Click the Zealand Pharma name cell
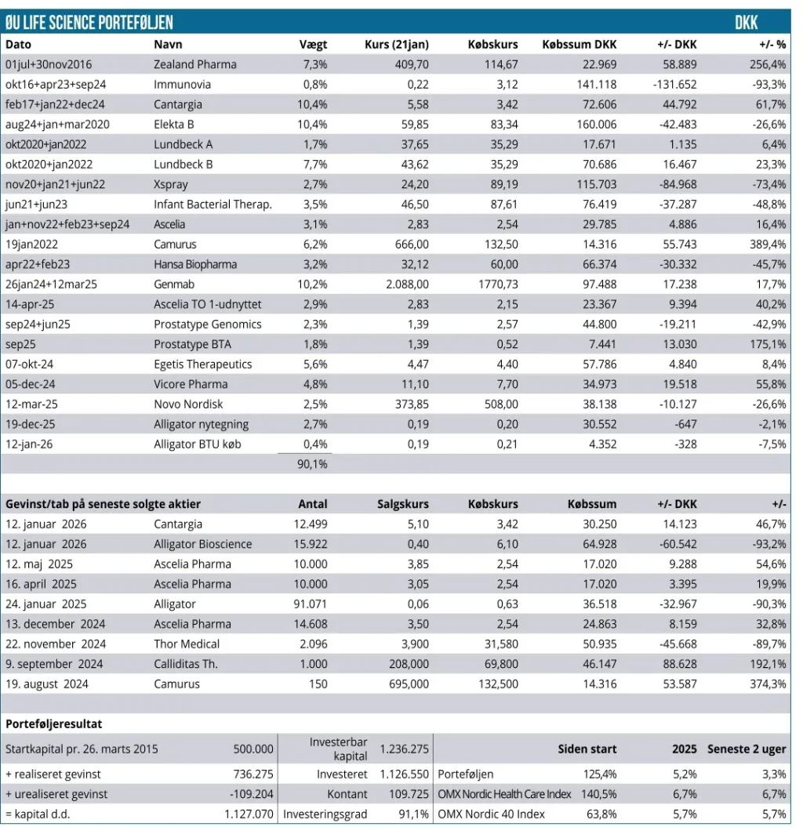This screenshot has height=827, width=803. click(194, 64)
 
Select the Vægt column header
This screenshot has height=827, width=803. click(314, 45)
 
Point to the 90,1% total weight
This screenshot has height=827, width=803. click(311, 464)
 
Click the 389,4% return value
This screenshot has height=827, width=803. click(768, 245)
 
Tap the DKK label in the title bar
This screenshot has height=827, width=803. click(746, 23)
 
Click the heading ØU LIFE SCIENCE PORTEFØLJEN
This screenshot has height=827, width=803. click(89, 23)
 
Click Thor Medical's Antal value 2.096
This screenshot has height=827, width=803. click(311, 644)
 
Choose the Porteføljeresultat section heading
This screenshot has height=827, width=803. click(54, 724)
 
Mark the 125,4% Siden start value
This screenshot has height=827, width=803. click(600, 774)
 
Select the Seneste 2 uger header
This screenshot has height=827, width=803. click(747, 749)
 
